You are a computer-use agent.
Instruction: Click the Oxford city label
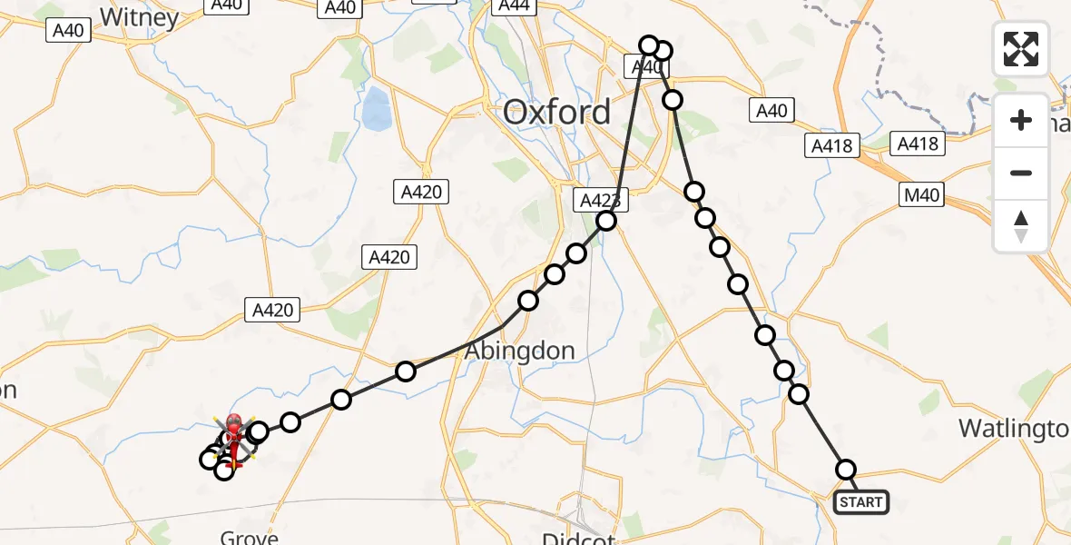click(x=556, y=113)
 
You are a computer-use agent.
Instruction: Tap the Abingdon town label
click(x=520, y=351)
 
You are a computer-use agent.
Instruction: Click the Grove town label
click(x=249, y=537)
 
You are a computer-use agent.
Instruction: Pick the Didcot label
click(x=578, y=538)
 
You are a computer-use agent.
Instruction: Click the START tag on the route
click(x=860, y=502)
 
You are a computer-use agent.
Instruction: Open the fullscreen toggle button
click(x=1021, y=49)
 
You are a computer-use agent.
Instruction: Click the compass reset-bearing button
click(x=1021, y=226)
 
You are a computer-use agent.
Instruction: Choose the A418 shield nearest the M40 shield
click(x=919, y=144)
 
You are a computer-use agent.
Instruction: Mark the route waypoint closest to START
click(x=846, y=470)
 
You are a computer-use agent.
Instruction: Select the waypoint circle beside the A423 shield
click(x=606, y=221)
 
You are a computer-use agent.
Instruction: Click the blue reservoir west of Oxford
click(x=375, y=109)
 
